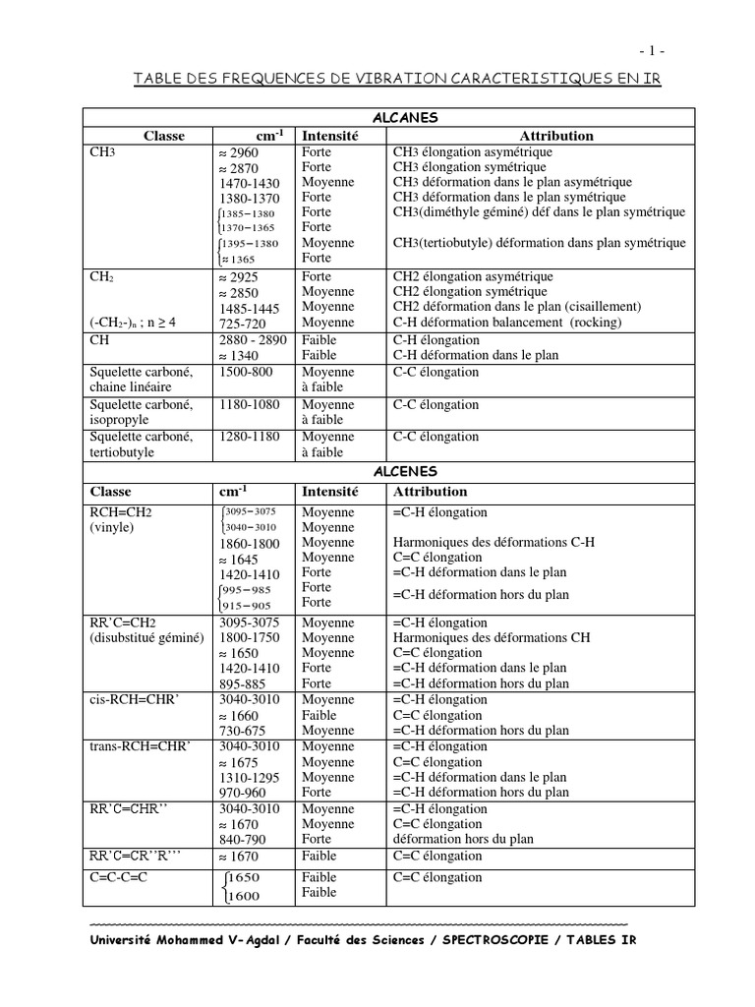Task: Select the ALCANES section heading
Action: tap(412, 118)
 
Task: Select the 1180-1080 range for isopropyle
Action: tap(249, 404)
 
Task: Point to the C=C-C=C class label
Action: tap(119, 877)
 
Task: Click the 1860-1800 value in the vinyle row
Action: tap(249, 543)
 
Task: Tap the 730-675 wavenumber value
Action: tap(244, 731)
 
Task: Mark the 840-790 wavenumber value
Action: tap(244, 839)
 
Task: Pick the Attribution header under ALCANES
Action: tap(556, 136)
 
